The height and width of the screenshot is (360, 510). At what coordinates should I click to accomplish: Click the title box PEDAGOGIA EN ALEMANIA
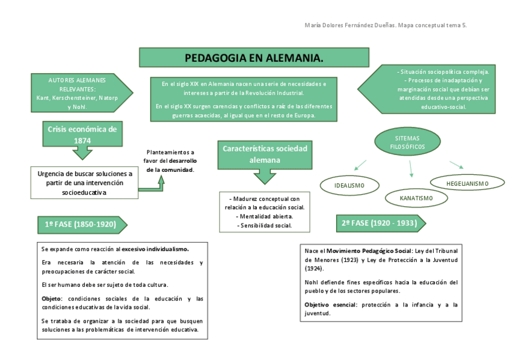pos(254,58)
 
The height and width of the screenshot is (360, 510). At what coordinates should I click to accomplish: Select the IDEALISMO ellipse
pos(349,185)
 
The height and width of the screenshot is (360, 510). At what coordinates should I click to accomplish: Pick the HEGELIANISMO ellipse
pos(467,183)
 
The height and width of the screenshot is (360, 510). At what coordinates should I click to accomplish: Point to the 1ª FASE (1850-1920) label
pos(81,224)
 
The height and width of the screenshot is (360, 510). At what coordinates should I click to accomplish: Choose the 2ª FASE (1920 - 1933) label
pos(379,223)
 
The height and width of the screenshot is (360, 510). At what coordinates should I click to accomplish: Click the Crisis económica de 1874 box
pos(82,134)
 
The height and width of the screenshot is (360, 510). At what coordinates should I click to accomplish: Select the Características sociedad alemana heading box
pos(265,154)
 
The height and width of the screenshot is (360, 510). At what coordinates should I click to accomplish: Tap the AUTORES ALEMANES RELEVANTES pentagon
pos(78,93)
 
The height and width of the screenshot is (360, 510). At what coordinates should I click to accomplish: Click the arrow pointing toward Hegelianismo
pos(456,165)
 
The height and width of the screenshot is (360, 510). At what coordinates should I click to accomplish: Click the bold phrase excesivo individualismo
pos(155,249)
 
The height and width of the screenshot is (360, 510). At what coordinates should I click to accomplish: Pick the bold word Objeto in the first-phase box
pos(52,299)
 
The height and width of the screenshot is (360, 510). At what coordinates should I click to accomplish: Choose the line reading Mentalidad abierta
pos(265,216)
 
